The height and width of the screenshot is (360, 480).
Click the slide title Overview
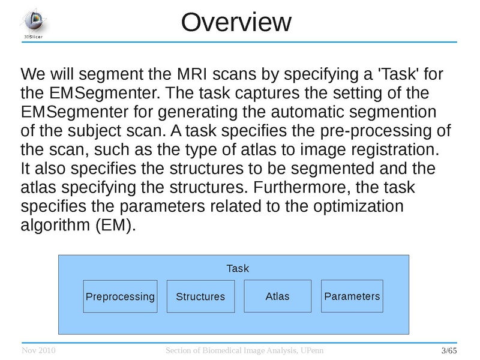click(236, 22)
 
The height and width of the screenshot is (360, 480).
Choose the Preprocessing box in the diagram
click(120, 296)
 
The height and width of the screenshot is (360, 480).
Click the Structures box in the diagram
click(200, 296)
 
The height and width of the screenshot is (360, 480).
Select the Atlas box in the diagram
click(277, 296)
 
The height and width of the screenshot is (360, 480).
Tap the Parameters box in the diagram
click(352, 296)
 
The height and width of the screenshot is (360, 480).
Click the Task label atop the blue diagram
click(237, 268)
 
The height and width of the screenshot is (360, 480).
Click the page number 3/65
click(449, 350)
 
